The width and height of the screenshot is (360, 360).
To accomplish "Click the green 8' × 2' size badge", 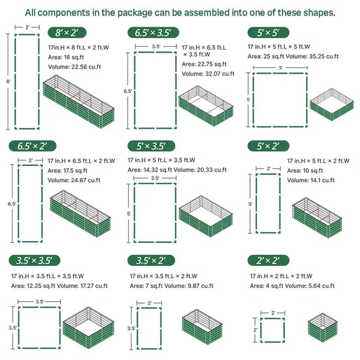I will pyautogui.click(x=66, y=32).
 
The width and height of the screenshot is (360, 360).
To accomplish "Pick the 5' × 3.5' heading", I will pyautogui.click(x=149, y=146).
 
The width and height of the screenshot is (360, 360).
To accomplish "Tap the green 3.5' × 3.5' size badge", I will pyautogui.click(x=32, y=261).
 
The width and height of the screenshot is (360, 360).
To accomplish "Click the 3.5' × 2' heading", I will pyautogui.click(x=149, y=261).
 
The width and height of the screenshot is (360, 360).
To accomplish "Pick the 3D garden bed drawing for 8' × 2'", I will pyautogui.click(x=79, y=105).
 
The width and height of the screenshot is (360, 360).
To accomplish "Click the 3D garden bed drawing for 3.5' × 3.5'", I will pyautogui.click(x=86, y=327).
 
